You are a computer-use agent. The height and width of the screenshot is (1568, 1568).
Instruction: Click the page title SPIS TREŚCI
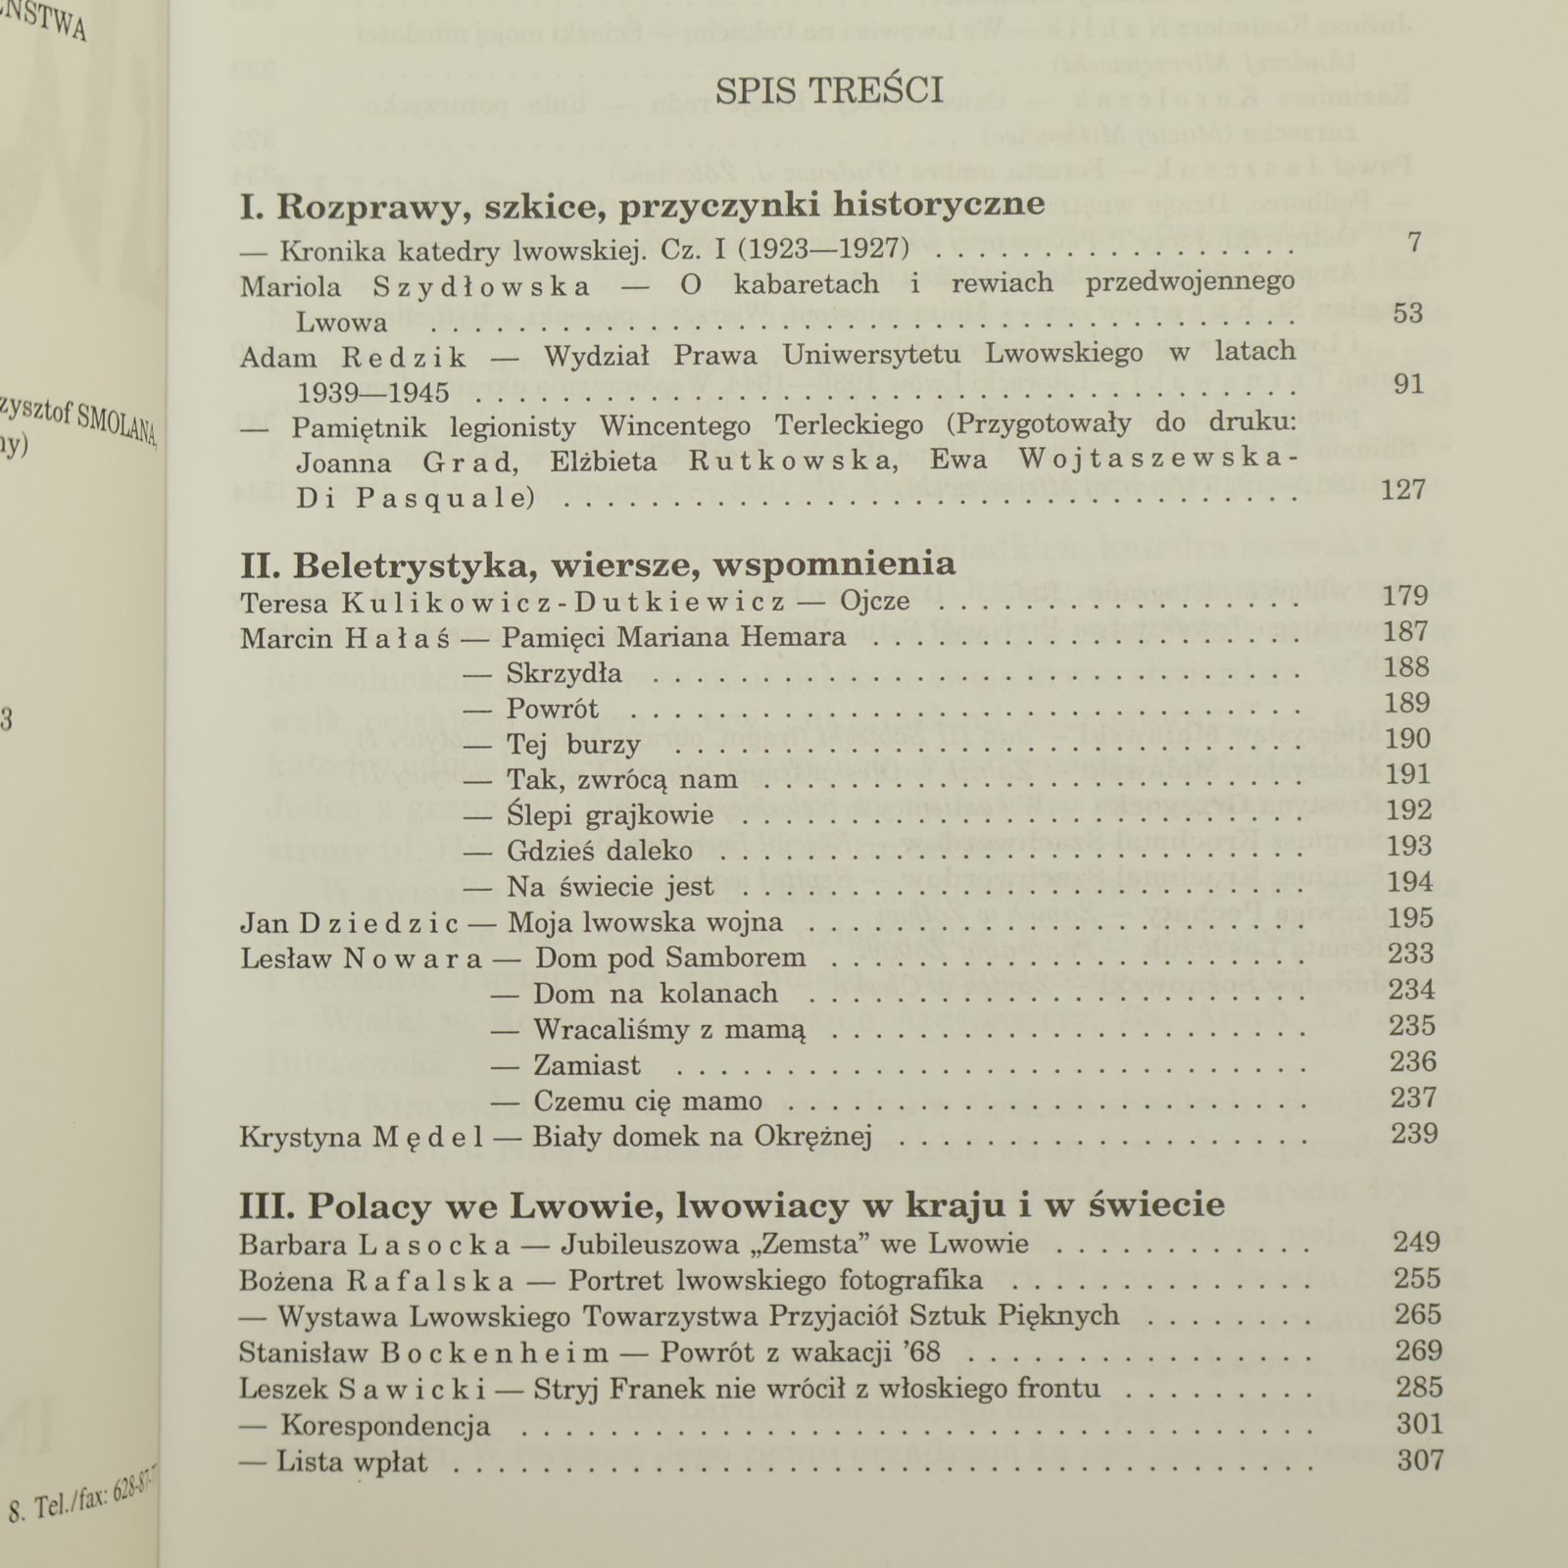point(829,90)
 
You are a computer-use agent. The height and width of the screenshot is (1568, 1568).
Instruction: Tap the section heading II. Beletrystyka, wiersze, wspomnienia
point(598,565)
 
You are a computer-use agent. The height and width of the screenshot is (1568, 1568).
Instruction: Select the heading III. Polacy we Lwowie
point(732,1204)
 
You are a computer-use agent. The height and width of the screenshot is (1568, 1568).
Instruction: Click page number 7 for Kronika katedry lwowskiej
point(1413,242)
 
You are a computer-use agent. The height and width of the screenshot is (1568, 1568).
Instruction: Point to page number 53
point(1407,314)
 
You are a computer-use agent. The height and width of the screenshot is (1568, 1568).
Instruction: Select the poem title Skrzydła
point(563,673)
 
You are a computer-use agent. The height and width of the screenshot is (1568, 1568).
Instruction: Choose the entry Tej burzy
point(573,745)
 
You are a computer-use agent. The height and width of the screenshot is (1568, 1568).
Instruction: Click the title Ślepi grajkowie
point(610,815)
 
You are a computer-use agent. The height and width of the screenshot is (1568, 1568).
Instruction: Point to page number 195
point(1410,918)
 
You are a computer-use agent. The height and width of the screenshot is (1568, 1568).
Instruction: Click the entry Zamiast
point(586,1065)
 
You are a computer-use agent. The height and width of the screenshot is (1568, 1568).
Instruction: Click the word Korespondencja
point(385,1425)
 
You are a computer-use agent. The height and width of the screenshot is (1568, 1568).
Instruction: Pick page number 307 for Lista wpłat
point(1420,1460)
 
